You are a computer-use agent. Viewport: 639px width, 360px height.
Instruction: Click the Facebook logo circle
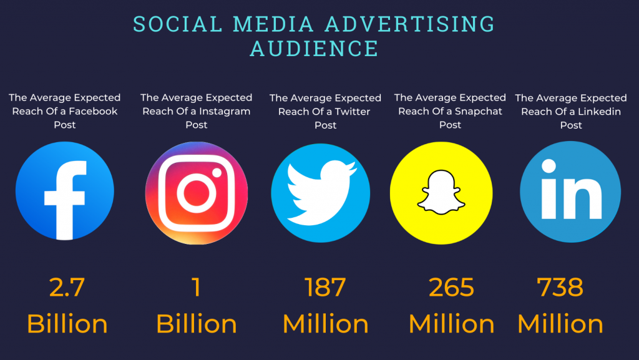(65, 191)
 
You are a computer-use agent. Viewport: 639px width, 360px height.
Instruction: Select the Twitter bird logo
(321, 191)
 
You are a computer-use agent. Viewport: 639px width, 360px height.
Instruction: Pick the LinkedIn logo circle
(570, 191)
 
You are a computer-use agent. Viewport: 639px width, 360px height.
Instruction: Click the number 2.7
(67, 288)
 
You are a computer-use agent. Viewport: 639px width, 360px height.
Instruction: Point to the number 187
(325, 288)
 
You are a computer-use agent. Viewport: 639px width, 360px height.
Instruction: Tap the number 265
(451, 288)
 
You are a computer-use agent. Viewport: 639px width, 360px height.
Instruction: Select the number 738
(560, 288)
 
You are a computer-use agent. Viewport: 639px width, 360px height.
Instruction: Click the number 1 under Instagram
(196, 288)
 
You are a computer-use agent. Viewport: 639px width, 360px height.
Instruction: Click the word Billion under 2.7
(67, 324)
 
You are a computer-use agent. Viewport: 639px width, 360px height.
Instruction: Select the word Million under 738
(560, 324)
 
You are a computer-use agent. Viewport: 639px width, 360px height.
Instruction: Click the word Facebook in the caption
(92, 112)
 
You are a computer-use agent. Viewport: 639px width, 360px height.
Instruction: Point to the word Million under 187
(326, 324)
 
